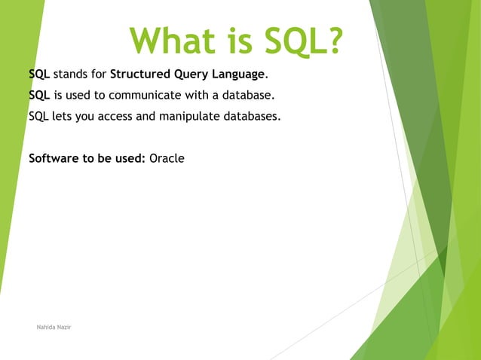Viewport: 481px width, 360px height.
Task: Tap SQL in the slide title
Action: pos(290,41)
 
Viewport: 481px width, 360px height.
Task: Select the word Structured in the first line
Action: pos(141,75)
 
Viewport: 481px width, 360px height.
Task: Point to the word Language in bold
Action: pos(240,75)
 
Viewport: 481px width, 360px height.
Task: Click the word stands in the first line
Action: pos(70,75)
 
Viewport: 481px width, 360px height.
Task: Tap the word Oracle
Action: pos(167,159)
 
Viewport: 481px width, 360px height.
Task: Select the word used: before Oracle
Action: pos(129,159)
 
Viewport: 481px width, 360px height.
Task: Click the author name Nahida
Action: pos(46,328)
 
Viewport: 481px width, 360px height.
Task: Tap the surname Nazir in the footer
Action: pos(64,328)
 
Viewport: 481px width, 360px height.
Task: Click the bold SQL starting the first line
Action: pos(39,75)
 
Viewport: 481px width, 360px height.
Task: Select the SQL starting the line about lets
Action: pos(38,117)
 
